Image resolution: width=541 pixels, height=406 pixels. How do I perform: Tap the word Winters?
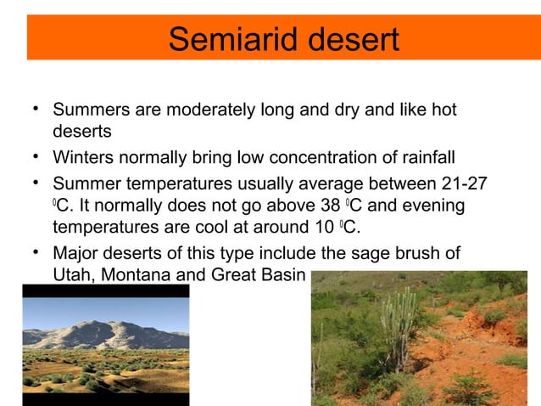pyautogui.click(x=82, y=158)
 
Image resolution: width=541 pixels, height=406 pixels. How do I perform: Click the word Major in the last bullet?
pyautogui.click(x=75, y=252)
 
